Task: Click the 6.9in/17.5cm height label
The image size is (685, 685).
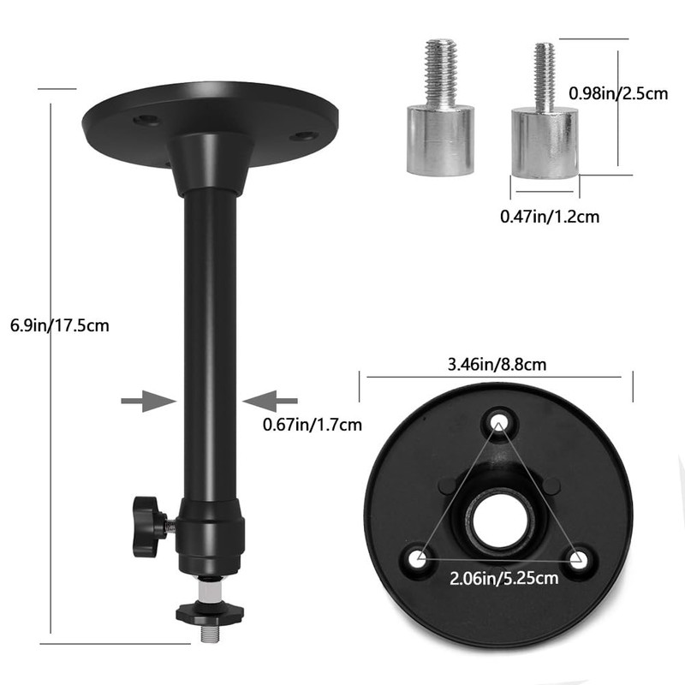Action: click(x=59, y=325)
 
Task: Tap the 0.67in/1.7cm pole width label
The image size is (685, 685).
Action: click(x=312, y=424)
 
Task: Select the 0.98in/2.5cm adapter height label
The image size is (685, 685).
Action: click(x=617, y=94)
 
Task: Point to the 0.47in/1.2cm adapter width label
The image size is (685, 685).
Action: click(x=549, y=217)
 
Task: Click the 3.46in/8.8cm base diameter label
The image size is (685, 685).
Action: click(x=497, y=364)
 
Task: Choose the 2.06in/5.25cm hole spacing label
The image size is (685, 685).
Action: click(x=504, y=578)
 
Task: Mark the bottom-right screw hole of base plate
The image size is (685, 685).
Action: click(x=578, y=561)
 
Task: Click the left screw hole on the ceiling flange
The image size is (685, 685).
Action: click(x=146, y=121)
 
